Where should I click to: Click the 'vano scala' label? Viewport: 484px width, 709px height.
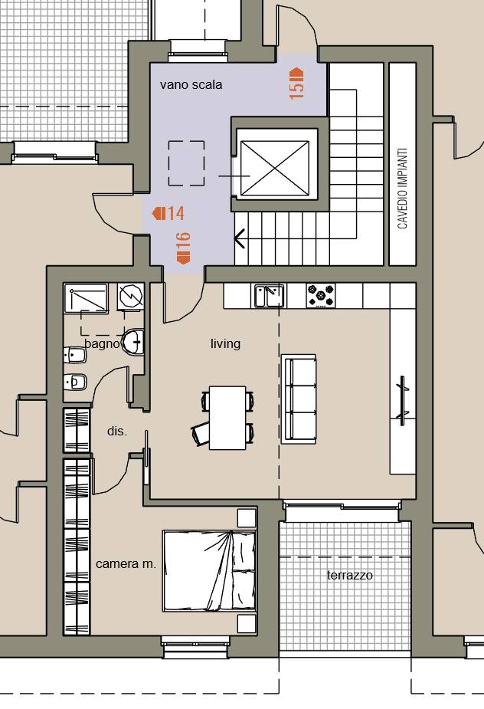[x=191, y=84]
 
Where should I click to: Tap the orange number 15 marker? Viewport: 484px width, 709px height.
[x=296, y=84]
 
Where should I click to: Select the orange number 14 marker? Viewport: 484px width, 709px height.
[x=168, y=213]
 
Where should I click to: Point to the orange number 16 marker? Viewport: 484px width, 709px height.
[x=183, y=248]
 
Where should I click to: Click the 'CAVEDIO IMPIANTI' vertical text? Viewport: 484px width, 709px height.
[x=402, y=188]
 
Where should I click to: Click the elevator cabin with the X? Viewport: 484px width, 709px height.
[x=275, y=168]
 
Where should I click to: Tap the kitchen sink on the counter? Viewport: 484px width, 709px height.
[x=269, y=295]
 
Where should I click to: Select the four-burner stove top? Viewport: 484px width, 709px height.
[x=320, y=296]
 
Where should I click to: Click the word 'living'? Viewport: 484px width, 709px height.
[x=225, y=343]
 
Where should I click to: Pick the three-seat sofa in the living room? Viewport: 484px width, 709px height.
[x=298, y=399]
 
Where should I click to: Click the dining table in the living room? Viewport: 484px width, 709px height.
[x=227, y=418]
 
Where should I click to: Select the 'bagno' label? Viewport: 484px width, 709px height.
[x=102, y=343]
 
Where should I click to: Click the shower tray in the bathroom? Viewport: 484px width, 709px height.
[x=86, y=297]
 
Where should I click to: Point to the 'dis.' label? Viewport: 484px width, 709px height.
[x=117, y=431]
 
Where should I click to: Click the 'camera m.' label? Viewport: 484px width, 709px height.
[x=126, y=564]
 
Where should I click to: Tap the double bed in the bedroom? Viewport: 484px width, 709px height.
[x=209, y=571]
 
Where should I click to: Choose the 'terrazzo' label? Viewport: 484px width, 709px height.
[x=349, y=575]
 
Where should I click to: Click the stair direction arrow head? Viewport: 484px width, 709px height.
[x=239, y=238]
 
